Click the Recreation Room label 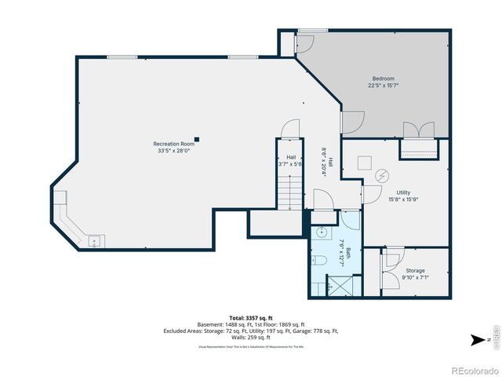173,144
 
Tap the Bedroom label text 383,79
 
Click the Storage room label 415,270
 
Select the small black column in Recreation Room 197,140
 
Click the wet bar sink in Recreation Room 93,241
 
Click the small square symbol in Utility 364,163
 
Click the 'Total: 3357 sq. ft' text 251,317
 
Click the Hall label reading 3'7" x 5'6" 290,161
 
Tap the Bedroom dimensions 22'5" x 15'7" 383,86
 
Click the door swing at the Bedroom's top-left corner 303,43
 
